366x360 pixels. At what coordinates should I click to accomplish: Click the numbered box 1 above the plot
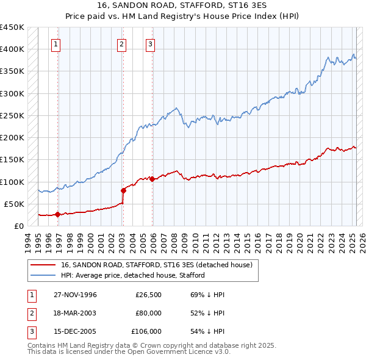(56, 43)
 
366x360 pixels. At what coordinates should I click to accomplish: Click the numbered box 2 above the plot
(122, 43)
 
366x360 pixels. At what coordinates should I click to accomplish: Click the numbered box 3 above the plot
(150, 43)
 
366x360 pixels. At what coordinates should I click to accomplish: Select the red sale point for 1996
(57, 214)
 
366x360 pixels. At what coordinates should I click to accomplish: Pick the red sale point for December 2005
(152, 179)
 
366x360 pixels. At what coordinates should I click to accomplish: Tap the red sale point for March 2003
(123, 190)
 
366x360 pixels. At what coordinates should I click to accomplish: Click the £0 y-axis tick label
(18, 226)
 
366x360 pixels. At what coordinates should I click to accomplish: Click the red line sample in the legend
(43, 265)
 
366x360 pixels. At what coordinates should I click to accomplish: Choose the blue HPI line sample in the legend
(43, 275)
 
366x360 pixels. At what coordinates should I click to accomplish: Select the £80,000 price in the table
(149, 313)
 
